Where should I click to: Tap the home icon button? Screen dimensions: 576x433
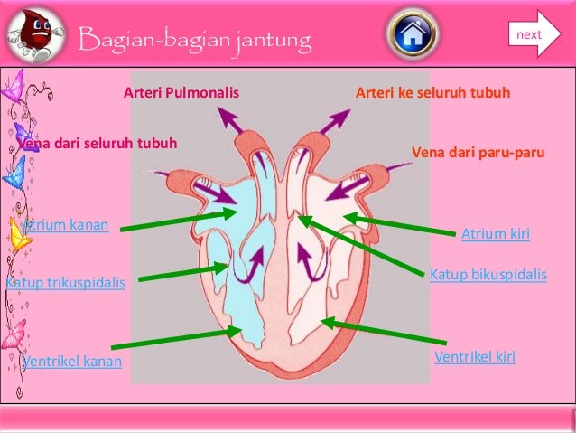click(413, 35)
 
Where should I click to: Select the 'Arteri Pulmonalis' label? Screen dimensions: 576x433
click(181, 93)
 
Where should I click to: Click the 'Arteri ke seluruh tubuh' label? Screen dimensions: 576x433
click(433, 93)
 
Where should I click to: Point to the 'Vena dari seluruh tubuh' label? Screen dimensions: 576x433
click(98, 144)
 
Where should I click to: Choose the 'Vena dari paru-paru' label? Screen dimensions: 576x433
click(478, 153)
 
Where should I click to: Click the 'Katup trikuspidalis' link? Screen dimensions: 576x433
click(65, 284)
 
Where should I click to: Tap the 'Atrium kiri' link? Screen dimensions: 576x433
click(495, 235)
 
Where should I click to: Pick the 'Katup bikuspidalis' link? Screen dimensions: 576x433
click(488, 273)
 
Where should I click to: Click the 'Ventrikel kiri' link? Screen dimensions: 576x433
click(475, 357)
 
